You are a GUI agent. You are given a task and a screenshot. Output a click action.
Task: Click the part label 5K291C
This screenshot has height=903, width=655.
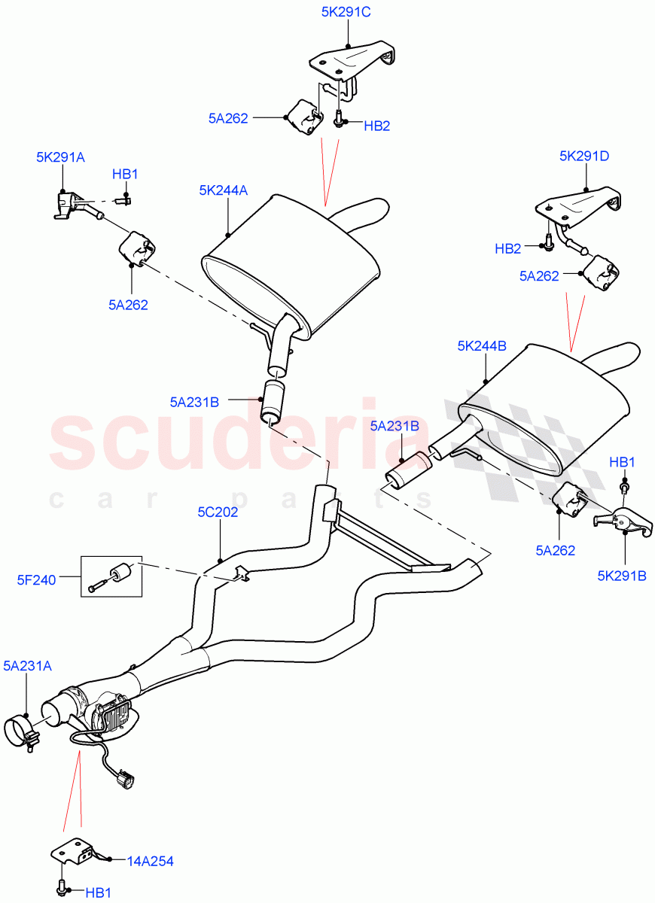pos(347,12)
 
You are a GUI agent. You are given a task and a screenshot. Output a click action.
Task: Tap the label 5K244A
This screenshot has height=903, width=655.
pos(223,190)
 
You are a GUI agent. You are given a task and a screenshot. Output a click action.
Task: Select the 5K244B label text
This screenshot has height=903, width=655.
pos(482,346)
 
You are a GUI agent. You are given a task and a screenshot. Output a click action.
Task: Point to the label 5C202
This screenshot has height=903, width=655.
pos(218,512)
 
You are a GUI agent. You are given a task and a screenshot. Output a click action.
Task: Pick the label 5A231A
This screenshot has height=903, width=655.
pos(27,665)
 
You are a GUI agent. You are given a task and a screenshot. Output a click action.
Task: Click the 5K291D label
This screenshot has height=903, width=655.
pos(584,157)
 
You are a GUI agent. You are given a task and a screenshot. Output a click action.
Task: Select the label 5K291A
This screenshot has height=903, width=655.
pos(60,157)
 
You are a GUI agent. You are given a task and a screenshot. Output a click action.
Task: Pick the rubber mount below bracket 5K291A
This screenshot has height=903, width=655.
pos(136,248)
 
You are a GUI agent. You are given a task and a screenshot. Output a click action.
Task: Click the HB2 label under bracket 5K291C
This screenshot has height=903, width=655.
pos(376,126)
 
